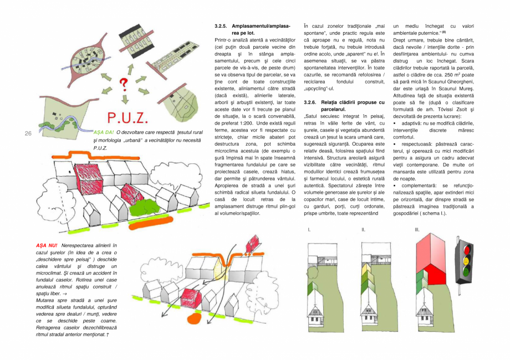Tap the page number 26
[x=28, y=133]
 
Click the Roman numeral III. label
[x=417, y=229]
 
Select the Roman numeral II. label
[x=364, y=229]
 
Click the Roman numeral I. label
[x=309, y=229]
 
